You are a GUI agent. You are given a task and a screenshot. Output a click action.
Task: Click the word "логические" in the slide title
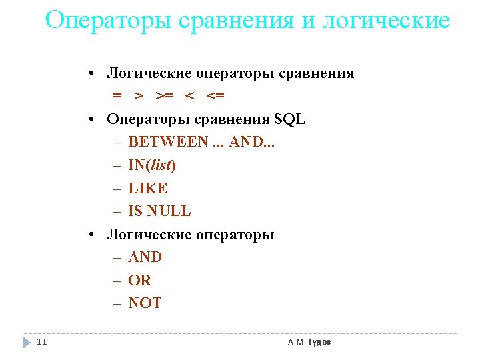coord(386,21)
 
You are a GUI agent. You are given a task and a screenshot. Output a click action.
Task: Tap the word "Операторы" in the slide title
coord(109,21)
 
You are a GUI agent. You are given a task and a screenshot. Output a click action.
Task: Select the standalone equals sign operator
coord(117,96)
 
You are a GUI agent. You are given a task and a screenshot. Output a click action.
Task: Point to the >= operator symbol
coord(164,96)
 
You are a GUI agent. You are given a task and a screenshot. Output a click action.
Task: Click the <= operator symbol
coord(215,96)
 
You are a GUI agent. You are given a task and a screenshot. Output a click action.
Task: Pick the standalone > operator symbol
coord(139,96)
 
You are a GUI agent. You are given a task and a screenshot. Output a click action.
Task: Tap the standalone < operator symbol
coord(189,96)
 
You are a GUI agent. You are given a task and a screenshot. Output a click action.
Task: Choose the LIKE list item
coord(148,188)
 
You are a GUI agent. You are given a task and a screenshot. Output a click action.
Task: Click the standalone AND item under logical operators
coord(145,257)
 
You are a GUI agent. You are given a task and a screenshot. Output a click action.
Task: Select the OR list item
coord(140,280)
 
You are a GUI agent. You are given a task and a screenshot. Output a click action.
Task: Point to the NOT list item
coord(145,303)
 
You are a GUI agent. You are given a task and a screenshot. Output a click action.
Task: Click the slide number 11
coord(42,342)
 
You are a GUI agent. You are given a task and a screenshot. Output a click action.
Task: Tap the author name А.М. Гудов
coord(309,342)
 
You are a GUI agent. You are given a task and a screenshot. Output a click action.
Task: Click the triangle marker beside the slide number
coord(26,342)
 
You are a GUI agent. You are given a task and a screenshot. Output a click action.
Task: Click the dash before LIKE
coord(117,188)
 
